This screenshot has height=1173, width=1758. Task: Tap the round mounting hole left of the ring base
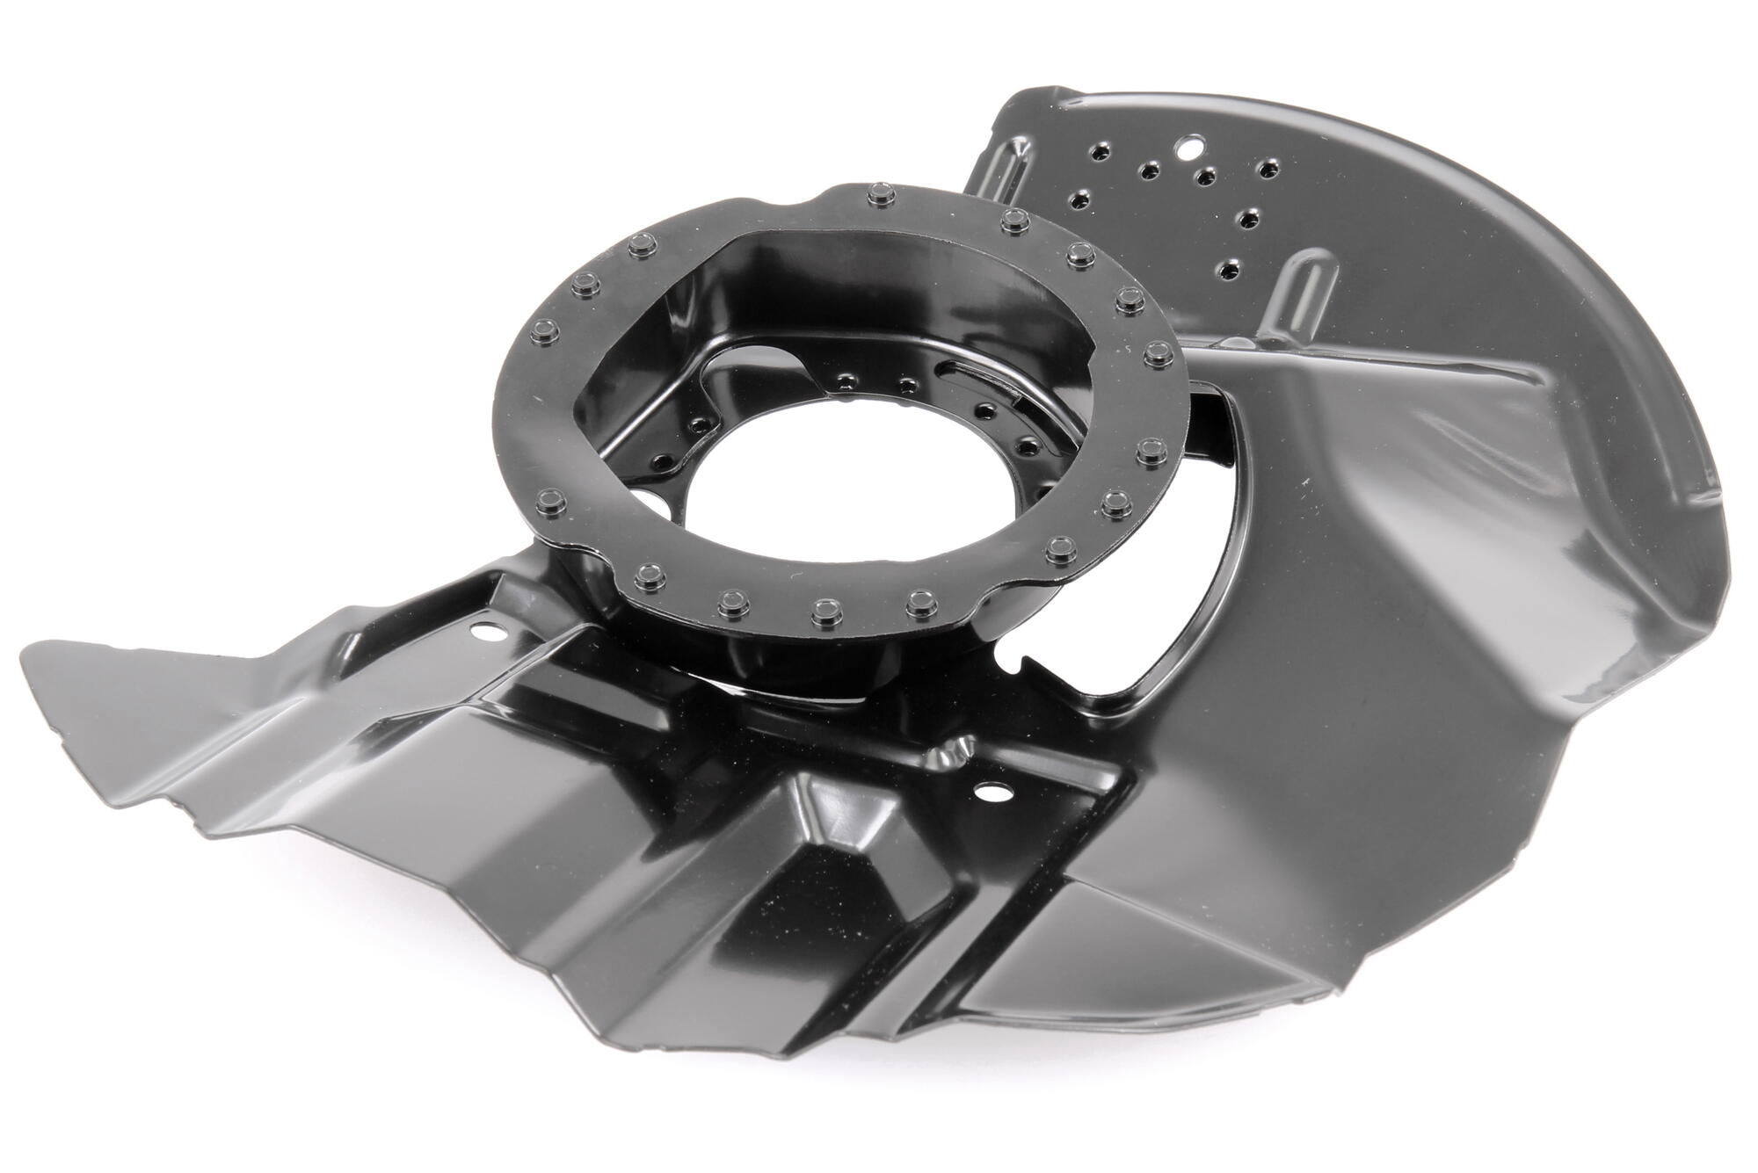point(481,631)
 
